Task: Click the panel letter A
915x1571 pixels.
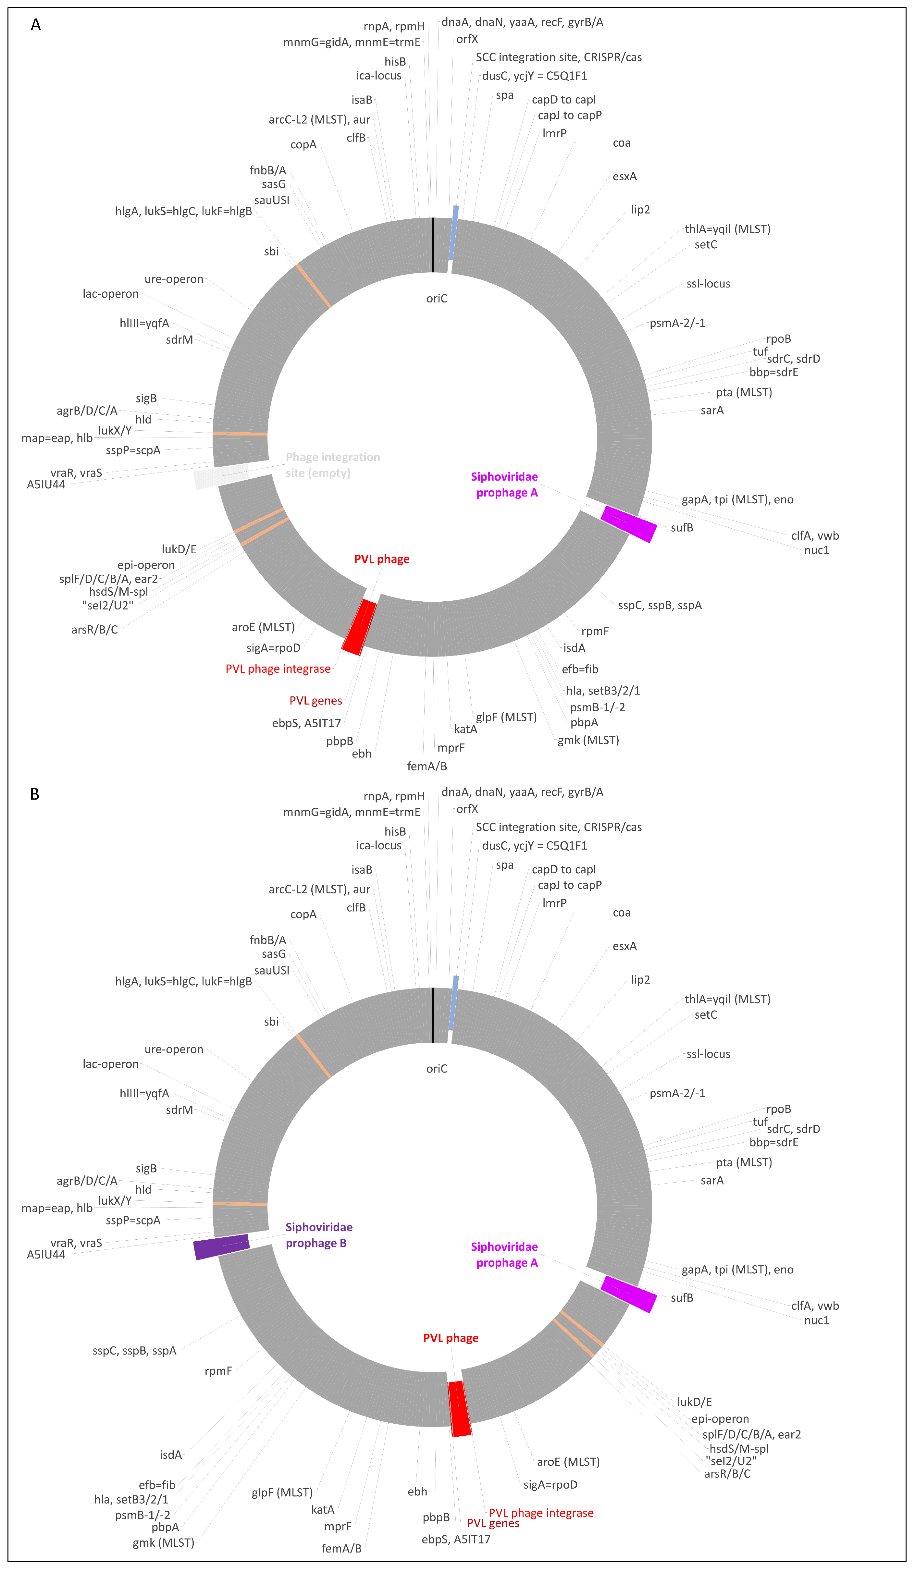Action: pos(36,25)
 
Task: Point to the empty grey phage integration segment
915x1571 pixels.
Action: pos(221,477)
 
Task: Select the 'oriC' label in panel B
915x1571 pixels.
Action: pos(437,1069)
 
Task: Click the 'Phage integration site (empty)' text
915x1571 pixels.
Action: pos(332,465)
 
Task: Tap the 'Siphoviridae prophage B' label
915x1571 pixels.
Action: pos(319,1235)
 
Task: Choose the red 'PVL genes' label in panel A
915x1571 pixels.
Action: pos(315,701)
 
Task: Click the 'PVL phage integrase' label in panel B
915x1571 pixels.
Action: pos(541,1513)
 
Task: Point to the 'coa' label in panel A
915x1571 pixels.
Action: pos(621,143)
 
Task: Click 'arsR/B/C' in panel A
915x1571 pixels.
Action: pos(94,630)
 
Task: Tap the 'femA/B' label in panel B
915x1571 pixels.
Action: pos(341,1549)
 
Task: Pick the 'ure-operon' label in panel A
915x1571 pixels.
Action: pos(174,279)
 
